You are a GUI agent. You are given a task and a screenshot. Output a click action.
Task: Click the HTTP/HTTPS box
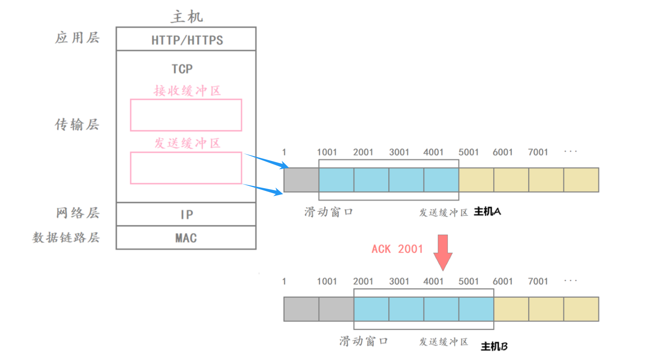186,39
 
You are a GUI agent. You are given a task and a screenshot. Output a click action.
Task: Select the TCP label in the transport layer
182,69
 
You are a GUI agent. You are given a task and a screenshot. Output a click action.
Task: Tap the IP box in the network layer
186,214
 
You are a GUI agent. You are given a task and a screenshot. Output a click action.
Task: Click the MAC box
186,238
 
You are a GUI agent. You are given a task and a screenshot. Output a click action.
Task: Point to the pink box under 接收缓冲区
186,115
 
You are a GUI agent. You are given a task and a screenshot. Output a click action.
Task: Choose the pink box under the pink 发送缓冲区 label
186,168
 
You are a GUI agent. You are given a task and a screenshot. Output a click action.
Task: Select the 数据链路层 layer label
66,238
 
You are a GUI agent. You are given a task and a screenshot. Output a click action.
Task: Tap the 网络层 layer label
78,213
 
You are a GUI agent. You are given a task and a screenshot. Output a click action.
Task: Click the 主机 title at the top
186,17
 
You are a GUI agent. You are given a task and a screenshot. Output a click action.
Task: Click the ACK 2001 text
397,249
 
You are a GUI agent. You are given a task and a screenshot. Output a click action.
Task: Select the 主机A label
487,212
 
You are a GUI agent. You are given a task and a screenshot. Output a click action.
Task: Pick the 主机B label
494,347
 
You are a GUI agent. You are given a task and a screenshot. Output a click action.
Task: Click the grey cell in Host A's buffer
301,180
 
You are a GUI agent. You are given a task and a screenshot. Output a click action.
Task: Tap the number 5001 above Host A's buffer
468,152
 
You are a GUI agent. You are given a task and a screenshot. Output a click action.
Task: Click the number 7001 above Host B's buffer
538,282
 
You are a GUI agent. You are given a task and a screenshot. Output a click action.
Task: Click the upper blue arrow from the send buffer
266,161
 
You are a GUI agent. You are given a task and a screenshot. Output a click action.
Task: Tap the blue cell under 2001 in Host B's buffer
371,309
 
